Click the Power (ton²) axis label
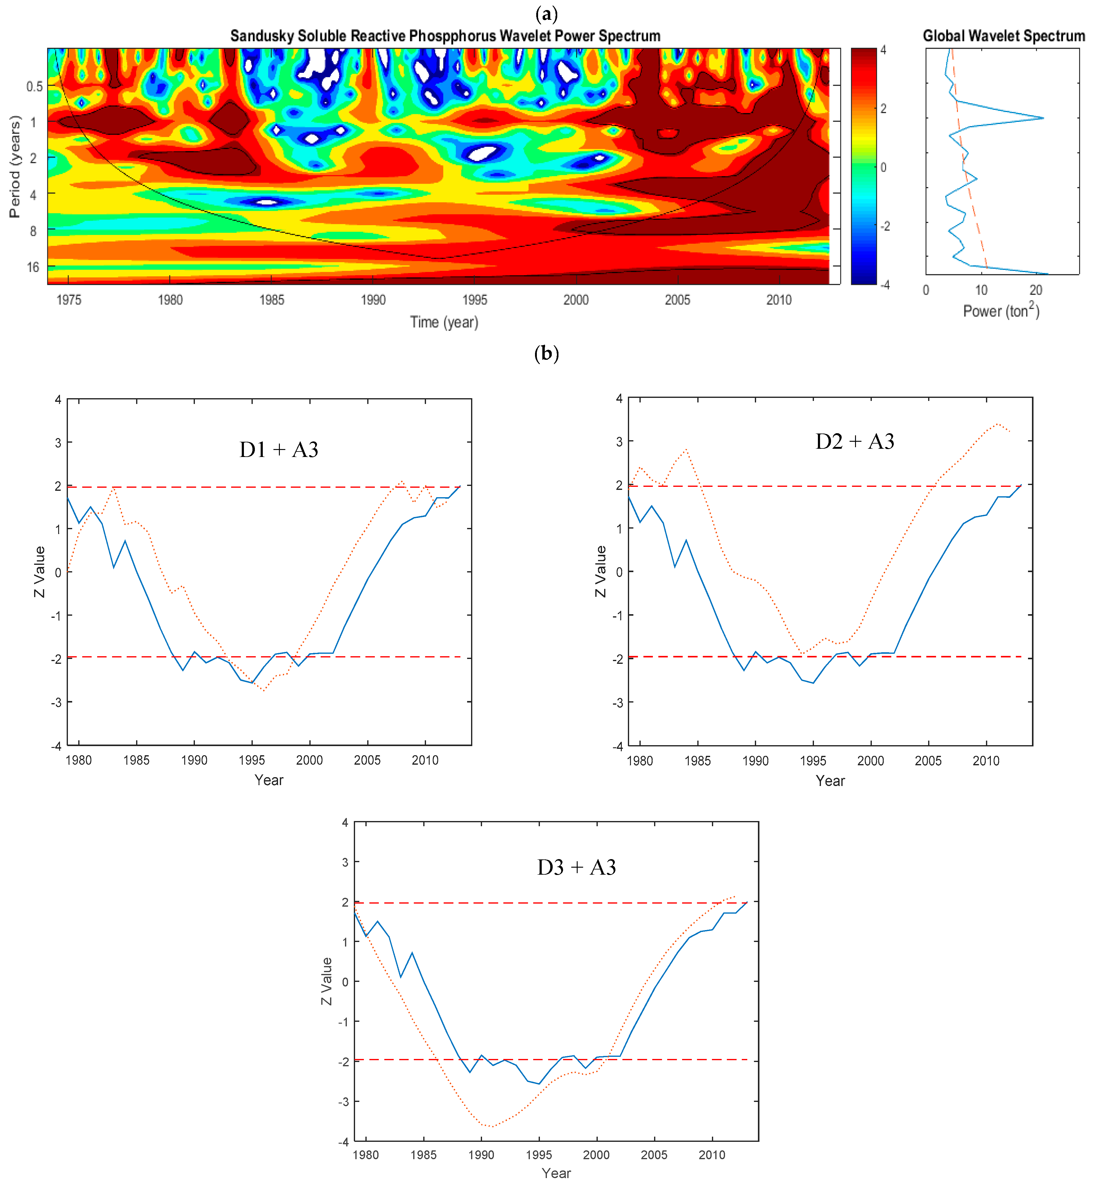point(1001,310)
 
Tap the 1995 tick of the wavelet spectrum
point(475,300)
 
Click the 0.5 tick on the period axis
point(34,87)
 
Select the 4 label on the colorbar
point(883,50)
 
